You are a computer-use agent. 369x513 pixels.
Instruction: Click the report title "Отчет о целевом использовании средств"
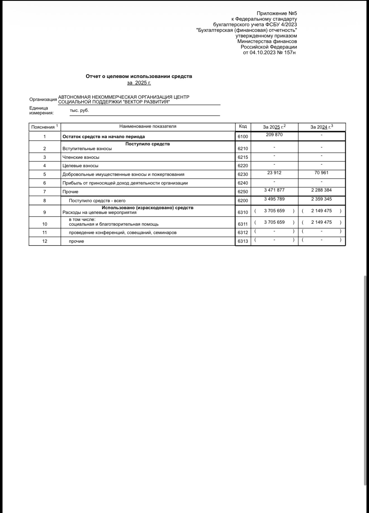tap(139, 76)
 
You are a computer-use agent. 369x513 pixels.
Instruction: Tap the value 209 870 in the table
tap(274, 135)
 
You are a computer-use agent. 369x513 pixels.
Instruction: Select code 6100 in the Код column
tap(243, 137)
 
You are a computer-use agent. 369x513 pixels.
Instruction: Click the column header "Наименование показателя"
tap(148, 126)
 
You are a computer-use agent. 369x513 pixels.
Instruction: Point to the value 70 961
tap(321, 173)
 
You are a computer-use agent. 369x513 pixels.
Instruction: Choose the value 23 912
tap(274, 173)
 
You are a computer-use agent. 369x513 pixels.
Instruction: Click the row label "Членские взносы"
tap(81, 157)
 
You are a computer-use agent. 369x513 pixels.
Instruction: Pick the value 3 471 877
tap(274, 190)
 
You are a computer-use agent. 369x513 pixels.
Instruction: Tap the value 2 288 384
tap(321, 190)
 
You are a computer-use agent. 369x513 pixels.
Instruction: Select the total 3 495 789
tap(274, 199)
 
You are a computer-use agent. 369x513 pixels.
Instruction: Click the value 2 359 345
tap(321, 199)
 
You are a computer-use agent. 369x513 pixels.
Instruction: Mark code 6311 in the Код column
tap(243, 224)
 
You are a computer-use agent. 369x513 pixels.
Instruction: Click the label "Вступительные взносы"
tap(87, 149)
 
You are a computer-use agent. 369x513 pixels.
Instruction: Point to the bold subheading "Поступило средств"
tap(147, 144)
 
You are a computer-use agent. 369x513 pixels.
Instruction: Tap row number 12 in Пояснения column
tap(45, 241)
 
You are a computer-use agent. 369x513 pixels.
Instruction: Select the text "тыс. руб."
tap(79, 110)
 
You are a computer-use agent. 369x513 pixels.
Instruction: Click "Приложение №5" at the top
tap(277, 13)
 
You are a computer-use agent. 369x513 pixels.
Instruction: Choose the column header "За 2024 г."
tap(321, 127)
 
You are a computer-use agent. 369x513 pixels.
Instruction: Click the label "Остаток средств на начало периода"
tap(103, 137)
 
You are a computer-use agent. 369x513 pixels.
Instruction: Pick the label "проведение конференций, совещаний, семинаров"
tap(123, 233)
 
